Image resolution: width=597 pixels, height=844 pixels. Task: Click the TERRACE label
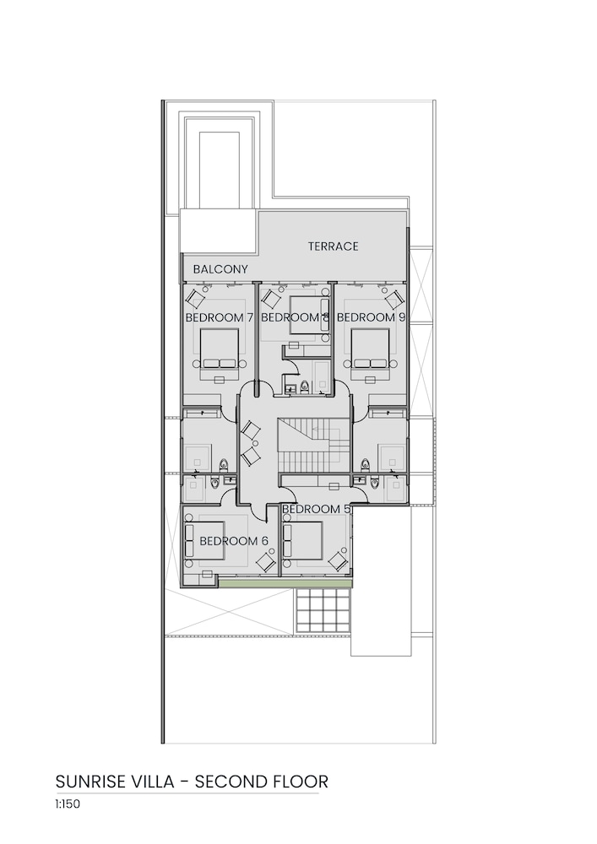[334, 246]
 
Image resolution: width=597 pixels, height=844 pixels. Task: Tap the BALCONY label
[220, 269]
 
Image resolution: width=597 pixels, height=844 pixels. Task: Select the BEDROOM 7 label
[219, 317]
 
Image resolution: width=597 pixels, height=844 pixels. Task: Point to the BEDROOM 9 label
[371, 317]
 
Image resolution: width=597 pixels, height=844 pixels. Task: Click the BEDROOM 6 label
[234, 541]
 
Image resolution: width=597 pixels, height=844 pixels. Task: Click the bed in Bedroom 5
[302, 540]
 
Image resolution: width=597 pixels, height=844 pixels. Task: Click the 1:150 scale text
[68, 804]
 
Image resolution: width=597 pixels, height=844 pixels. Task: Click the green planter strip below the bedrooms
[285, 582]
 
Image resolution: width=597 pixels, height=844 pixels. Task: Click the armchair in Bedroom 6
[265, 562]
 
